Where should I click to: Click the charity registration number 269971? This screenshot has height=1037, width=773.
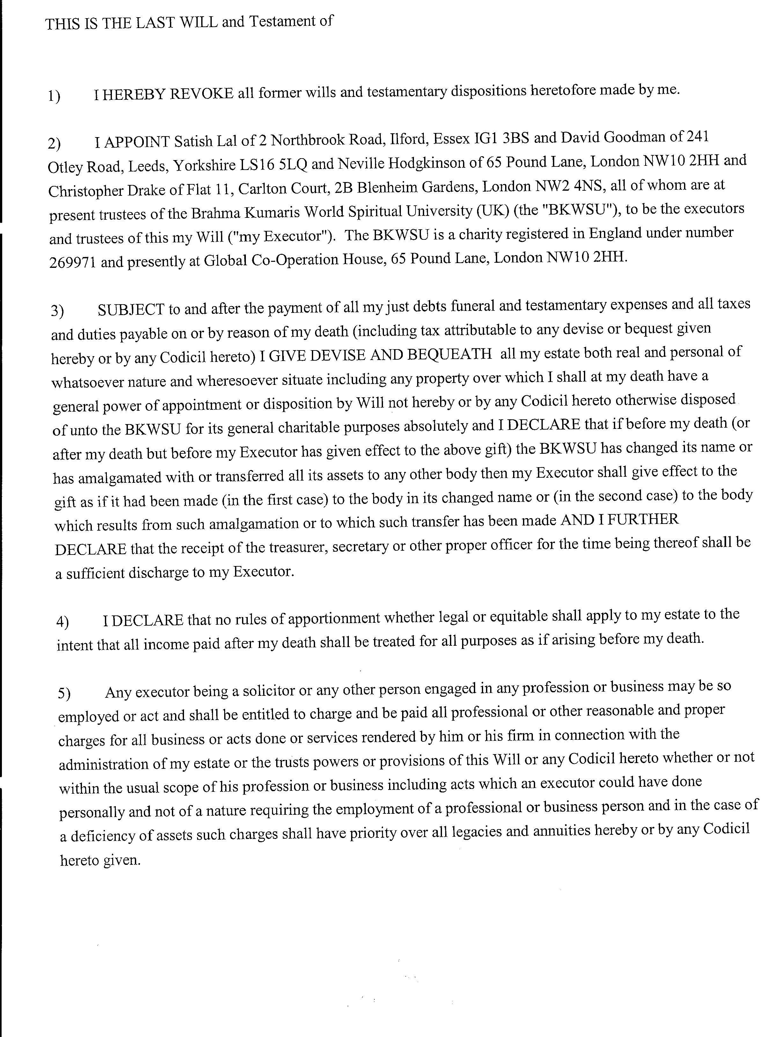click(x=72, y=262)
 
